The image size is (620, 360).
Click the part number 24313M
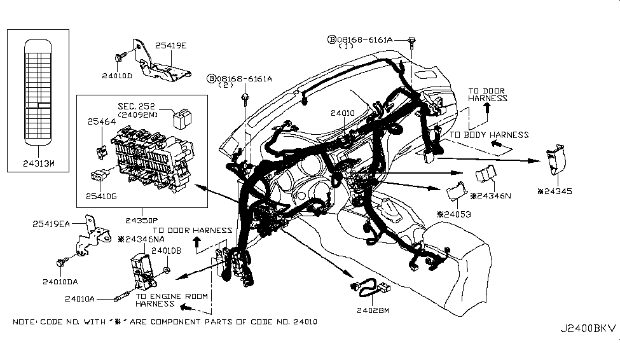(x=38, y=163)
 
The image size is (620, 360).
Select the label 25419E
(x=171, y=46)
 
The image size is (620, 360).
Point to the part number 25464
(x=102, y=121)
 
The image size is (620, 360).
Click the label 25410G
(x=101, y=196)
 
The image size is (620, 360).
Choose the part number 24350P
(x=142, y=220)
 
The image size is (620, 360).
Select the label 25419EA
(x=51, y=224)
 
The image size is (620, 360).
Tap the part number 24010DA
(x=60, y=282)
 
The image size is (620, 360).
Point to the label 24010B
(x=166, y=251)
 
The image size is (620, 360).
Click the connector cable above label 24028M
(x=370, y=288)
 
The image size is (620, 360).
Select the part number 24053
(x=454, y=214)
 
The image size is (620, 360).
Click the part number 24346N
(x=491, y=196)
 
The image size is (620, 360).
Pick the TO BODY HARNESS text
(x=489, y=135)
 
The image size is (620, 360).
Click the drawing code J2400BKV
(x=588, y=328)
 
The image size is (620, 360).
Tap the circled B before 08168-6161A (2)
(x=212, y=79)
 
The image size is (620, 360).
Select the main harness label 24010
(x=343, y=113)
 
